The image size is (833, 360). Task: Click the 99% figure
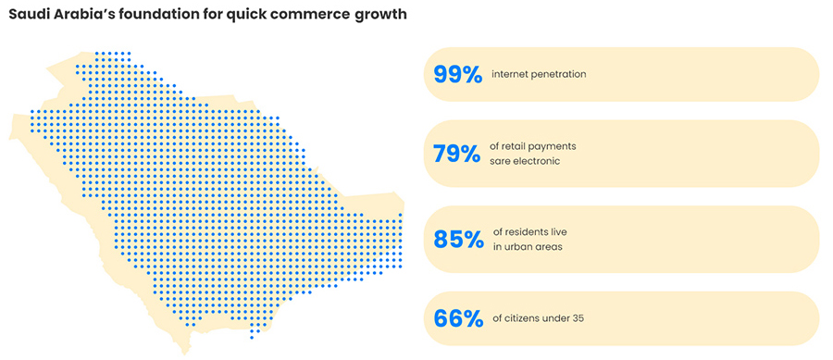click(457, 74)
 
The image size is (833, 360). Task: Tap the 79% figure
click(457, 153)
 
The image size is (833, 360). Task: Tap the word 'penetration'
click(559, 74)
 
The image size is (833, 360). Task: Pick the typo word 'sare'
click(501, 161)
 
